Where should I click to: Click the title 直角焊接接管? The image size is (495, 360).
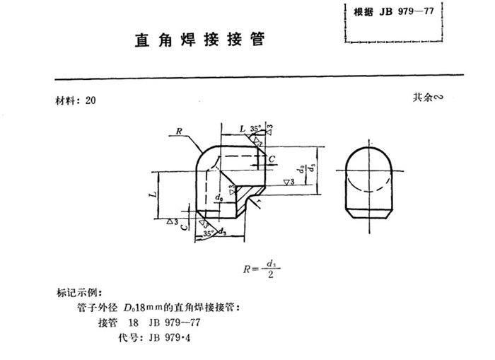[200, 39]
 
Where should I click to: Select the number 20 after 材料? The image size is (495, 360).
[90, 100]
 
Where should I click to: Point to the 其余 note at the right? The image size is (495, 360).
[427, 98]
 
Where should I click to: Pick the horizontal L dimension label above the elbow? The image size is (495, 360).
[243, 129]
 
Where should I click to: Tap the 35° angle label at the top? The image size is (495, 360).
[255, 128]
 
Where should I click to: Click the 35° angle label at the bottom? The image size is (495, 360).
[208, 232]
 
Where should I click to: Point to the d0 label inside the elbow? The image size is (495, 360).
[220, 197]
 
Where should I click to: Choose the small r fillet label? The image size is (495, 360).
[260, 203]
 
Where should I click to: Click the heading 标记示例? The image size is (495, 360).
[79, 293]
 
